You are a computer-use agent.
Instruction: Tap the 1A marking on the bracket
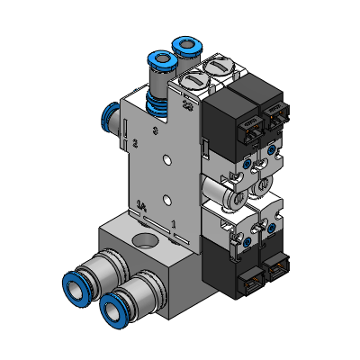(141, 205)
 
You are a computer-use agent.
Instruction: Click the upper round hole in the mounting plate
(166, 162)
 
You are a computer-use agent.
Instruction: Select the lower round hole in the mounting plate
(166, 199)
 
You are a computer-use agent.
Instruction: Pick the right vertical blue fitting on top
(187, 45)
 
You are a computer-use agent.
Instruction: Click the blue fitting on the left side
(111, 117)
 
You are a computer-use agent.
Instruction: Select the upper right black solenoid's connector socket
(271, 118)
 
